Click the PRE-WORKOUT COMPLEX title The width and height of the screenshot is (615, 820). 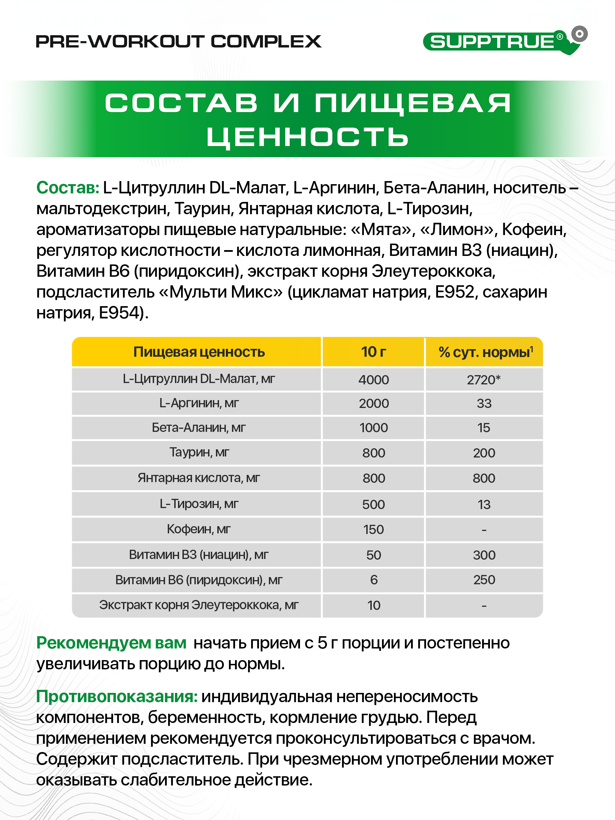178,42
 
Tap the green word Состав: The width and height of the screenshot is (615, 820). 67,188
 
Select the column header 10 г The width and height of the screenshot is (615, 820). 373,352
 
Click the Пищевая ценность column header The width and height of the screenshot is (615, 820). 199,352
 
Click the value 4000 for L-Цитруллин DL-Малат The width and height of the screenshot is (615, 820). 373,380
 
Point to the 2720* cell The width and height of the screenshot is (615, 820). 483,380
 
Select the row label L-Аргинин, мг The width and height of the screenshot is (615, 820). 199,403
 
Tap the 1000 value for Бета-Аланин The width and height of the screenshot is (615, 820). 373,428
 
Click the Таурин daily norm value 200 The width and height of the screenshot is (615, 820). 484,453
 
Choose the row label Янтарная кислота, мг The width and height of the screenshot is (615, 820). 199,478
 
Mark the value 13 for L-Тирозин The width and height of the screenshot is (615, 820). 484,504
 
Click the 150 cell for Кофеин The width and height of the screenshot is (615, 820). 373,529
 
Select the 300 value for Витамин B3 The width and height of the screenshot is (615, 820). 484,555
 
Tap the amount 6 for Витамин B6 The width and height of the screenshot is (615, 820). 374,580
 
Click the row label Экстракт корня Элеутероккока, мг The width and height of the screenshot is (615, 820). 199,605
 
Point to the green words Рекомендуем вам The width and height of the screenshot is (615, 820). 111,643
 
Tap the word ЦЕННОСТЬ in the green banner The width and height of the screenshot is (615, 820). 307,137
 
